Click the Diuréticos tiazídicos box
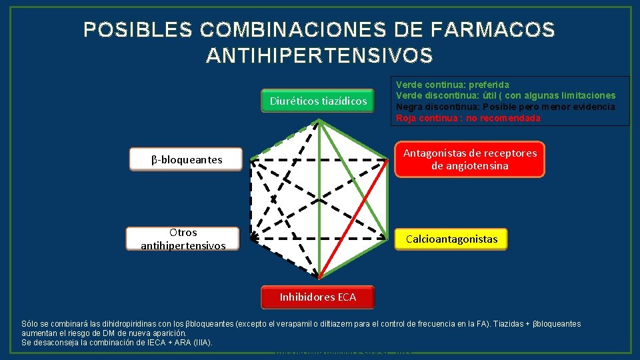(318, 101)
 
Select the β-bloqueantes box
(187, 160)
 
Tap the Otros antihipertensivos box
(183, 239)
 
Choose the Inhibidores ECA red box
(318, 297)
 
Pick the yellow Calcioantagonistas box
(451, 239)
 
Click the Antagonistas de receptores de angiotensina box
(469, 159)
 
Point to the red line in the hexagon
(353, 220)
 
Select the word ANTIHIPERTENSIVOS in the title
(319, 56)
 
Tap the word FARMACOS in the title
(494, 30)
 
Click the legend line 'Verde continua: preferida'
(453, 85)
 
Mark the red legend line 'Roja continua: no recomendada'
(468, 118)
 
